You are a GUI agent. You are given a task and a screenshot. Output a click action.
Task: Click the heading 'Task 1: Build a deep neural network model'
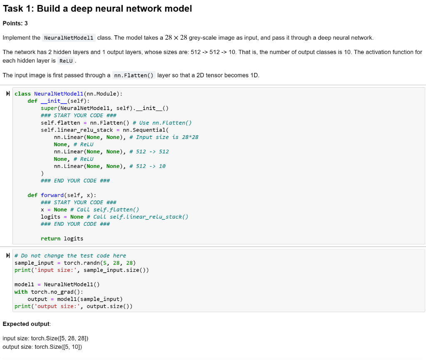[x=97, y=8]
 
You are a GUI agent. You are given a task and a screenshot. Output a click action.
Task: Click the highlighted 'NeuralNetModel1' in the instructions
[x=69, y=38]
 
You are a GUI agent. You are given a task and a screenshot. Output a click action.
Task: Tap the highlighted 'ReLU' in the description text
[x=66, y=61]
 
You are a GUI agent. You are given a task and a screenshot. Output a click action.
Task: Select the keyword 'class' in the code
[x=22, y=94]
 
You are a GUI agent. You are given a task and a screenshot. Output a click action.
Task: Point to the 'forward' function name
[x=52, y=195]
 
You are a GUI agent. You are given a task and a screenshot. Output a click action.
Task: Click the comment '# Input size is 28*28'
[x=164, y=137]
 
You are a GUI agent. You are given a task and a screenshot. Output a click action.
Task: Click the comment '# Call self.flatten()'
[x=104, y=210]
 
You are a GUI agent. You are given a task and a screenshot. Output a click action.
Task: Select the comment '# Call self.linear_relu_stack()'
[x=138, y=217]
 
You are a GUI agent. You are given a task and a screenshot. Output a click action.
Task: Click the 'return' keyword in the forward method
[x=50, y=239]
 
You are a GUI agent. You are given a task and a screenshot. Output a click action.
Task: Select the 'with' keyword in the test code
[x=21, y=292]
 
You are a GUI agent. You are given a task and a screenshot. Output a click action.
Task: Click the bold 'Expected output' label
[x=26, y=323]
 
